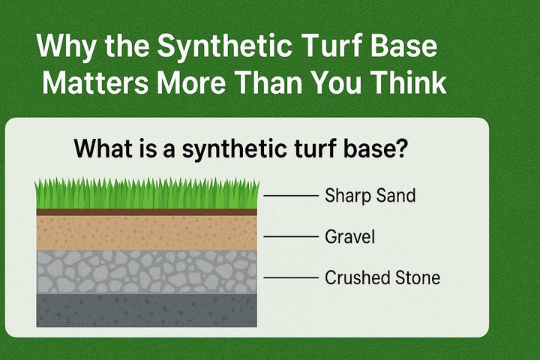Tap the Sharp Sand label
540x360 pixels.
coord(370,196)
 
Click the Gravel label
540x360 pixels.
coord(349,237)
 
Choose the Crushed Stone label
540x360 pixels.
coord(382,278)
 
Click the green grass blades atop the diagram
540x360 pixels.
coord(147,195)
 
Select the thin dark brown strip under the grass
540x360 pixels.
coord(147,212)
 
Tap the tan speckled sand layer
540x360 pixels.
coord(147,232)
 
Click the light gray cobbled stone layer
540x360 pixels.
coord(147,271)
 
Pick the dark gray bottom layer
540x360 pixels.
coord(147,310)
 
